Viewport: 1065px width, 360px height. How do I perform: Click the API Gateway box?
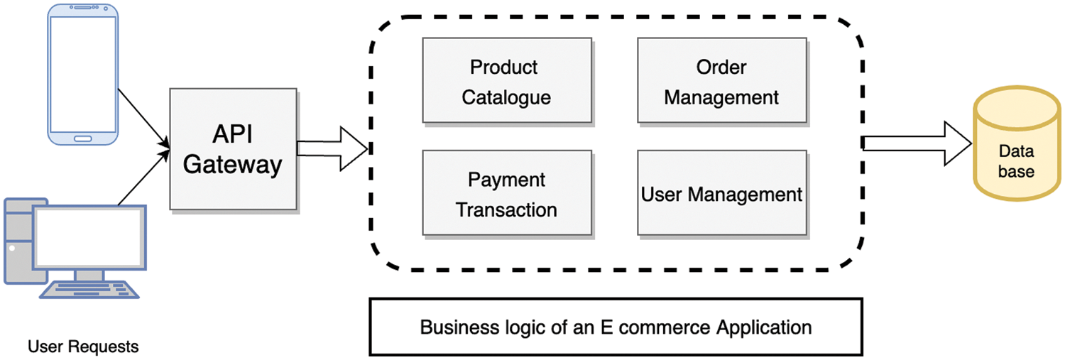[233, 149]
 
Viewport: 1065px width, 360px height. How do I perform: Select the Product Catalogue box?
[506, 80]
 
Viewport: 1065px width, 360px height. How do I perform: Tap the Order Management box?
[721, 80]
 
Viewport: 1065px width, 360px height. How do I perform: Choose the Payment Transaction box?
[506, 192]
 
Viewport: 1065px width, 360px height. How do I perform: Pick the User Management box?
[721, 193]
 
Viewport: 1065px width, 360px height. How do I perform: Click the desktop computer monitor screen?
[89, 237]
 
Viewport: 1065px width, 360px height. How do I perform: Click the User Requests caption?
[83, 347]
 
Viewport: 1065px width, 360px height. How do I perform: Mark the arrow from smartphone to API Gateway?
[143, 118]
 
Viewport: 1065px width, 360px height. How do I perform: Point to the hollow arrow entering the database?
[917, 143]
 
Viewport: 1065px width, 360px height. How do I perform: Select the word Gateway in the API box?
[233, 165]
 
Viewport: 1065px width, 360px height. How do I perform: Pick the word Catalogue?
[506, 97]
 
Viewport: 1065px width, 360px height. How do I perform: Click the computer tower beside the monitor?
[18, 241]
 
